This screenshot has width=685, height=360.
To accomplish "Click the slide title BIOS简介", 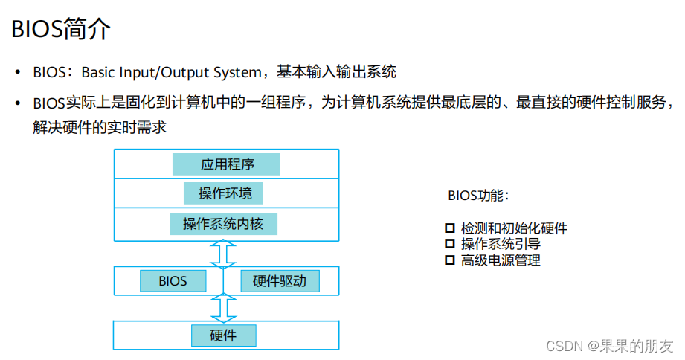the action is (61, 30).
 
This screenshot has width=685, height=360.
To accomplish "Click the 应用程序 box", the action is (226, 164).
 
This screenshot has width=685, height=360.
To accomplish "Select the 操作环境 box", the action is (224, 194).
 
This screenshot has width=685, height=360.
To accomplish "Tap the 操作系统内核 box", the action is (224, 223).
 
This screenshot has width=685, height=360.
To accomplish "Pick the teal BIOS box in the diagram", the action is (173, 281).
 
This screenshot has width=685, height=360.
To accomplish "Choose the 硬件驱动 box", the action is (279, 281).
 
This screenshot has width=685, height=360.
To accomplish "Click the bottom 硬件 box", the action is (223, 335).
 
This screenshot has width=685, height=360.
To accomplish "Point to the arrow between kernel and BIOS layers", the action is (223, 254).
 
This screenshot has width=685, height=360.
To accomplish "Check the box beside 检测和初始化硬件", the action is (449, 228).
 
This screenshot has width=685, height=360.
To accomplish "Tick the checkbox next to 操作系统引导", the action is (449, 243).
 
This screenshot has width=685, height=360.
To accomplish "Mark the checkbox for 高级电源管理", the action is (449, 260).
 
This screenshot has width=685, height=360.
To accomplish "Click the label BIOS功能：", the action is (478, 196).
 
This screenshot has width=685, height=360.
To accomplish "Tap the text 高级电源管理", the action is (501, 260).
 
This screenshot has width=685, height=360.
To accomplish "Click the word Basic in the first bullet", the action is (99, 72).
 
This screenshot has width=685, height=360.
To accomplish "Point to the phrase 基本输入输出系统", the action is (337, 72).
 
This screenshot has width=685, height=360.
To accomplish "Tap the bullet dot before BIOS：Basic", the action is (18, 73).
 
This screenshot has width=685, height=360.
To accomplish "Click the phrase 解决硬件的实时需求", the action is (100, 127).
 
